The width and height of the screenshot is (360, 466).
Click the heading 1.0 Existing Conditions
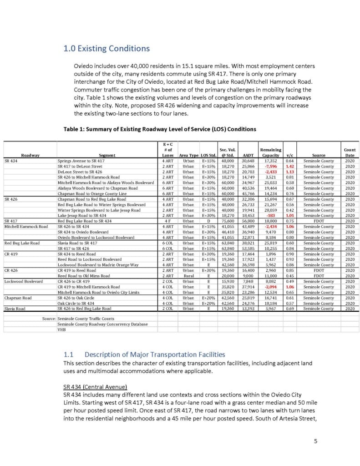click(x=106, y=49)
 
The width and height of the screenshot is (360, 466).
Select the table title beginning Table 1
click(x=160, y=129)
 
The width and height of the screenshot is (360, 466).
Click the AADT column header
click(x=248, y=155)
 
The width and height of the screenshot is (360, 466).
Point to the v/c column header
click(x=289, y=155)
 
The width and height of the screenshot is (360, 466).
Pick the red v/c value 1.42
click(x=289, y=167)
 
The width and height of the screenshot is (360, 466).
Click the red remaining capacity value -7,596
click(x=270, y=167)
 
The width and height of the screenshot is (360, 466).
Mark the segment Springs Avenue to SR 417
click(x=81, y=161)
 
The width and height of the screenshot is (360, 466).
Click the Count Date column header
click(x=350, y=152)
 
